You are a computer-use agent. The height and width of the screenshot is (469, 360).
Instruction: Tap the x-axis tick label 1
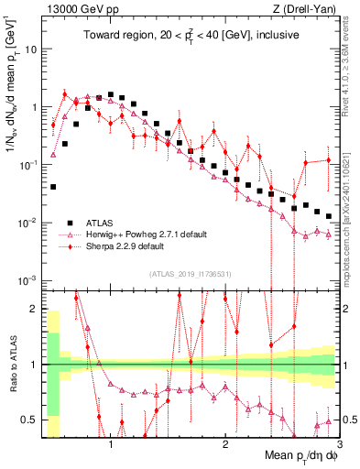[x=111, y=444]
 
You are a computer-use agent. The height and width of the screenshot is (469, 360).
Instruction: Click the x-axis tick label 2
[x=224, y=444]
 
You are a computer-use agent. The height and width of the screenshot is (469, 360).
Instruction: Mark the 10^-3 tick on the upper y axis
[x=27, y=280]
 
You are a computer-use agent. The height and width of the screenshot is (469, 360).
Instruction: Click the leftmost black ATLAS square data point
[x=53, y=187]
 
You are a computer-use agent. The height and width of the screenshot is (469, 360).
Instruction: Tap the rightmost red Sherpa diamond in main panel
[x=329, y=161]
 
